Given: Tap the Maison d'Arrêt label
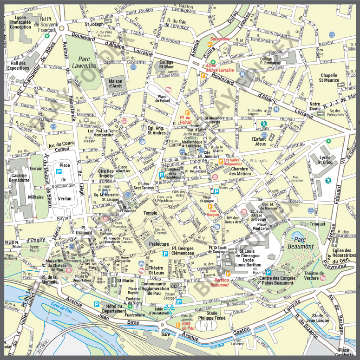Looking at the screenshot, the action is click(x=116, y=83).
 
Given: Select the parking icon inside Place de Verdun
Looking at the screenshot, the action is click(x=59, y=171).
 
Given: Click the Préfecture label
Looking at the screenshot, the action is click(x=159, y=243).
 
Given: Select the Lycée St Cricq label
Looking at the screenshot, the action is click(x=325, y=160).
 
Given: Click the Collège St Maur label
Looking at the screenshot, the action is click(x=166, y=65).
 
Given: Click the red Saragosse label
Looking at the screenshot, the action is click(x=220, y=39).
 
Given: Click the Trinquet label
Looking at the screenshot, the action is click(x=318, y=224).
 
